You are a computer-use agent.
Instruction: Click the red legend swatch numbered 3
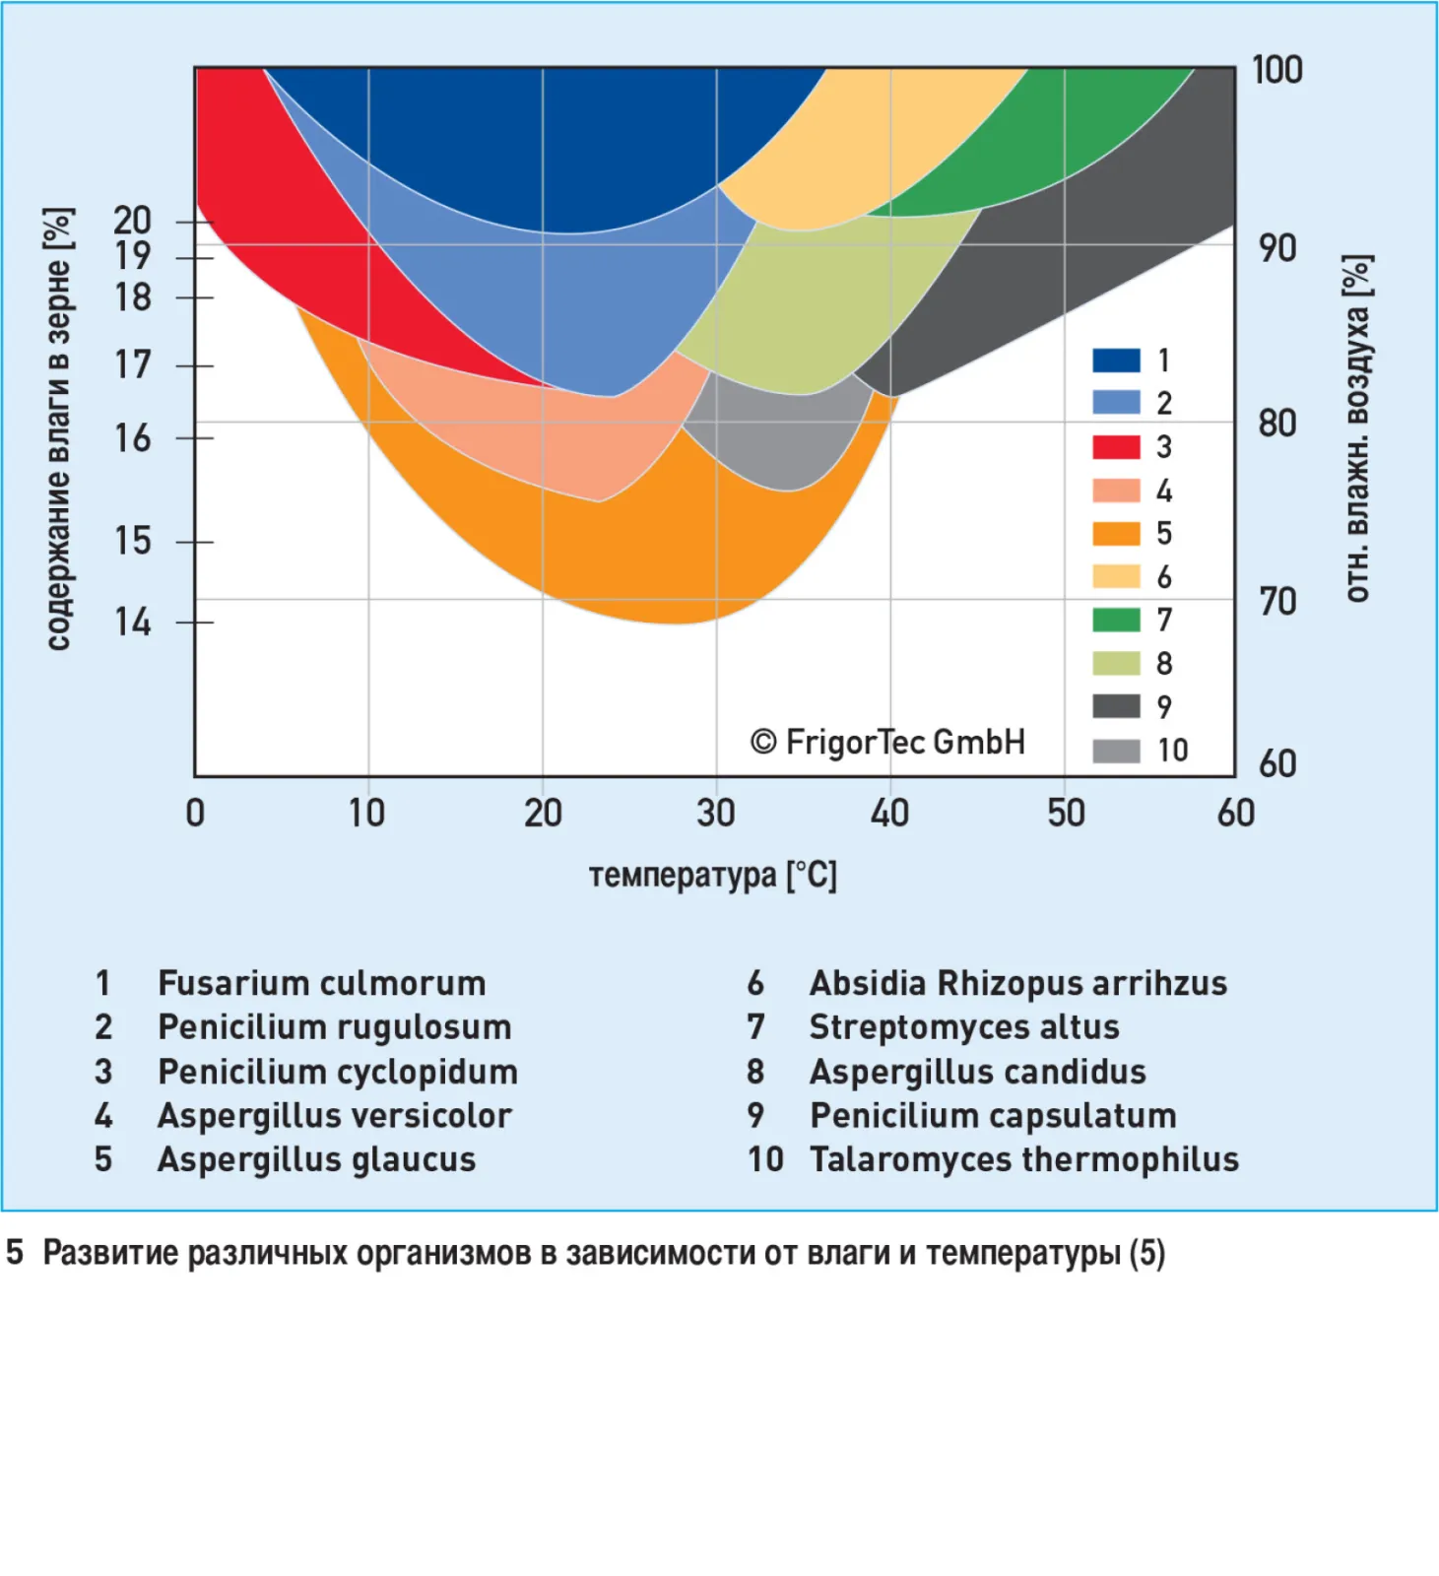1116,446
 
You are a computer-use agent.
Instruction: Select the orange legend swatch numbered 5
1116,533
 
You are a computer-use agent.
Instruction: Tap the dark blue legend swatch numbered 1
1116,361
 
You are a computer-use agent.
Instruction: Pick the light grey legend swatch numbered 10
1116,751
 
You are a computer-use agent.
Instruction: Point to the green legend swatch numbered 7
1116,620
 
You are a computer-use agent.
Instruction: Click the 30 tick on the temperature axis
716,813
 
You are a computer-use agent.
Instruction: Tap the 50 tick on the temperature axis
1065,813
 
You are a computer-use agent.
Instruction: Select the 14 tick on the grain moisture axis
133,623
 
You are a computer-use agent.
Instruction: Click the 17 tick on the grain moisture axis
133,365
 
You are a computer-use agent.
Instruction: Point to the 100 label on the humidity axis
1276,70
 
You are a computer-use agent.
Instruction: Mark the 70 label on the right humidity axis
1277,601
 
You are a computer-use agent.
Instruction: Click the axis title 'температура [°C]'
712,875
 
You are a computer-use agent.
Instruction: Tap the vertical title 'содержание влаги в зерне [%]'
58,428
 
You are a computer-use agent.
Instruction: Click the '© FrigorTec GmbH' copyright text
887,742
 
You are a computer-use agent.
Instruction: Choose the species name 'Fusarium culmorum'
321,983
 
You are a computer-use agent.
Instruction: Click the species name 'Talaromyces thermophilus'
1023,1159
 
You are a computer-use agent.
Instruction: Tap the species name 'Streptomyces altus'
963,1027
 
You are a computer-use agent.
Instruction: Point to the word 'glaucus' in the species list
413,1159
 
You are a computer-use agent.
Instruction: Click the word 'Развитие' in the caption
110,1253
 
